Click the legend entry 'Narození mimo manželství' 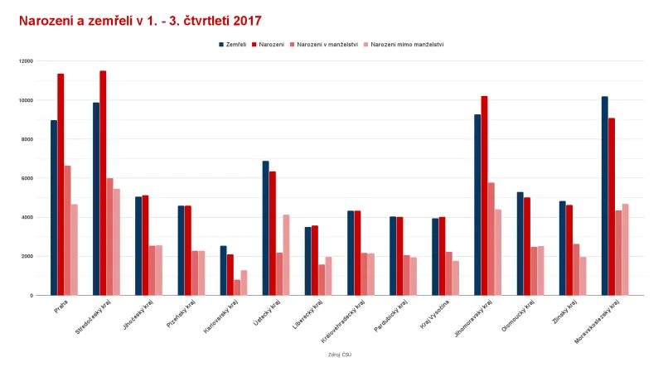pyautogui.click(x=406, y=44)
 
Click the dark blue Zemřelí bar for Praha pyautogui.click(x=54, y=207)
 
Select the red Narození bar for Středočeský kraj pyautogui.click(x=103, y=182)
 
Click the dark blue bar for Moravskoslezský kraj pyautogui.click(x=605, y=196)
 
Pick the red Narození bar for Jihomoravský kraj pyautogui.click(x=484, y=196)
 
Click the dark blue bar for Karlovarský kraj pyautogui.click(x=223, y=270)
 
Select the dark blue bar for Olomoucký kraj pyautogui.click(x=520, y=244)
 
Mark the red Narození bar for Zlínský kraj pyautogui.click(x=569, y=249)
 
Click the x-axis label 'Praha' pyautogui.click(x=61, y=306)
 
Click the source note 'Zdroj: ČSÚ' pyautogui.click(x=340, y=355)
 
